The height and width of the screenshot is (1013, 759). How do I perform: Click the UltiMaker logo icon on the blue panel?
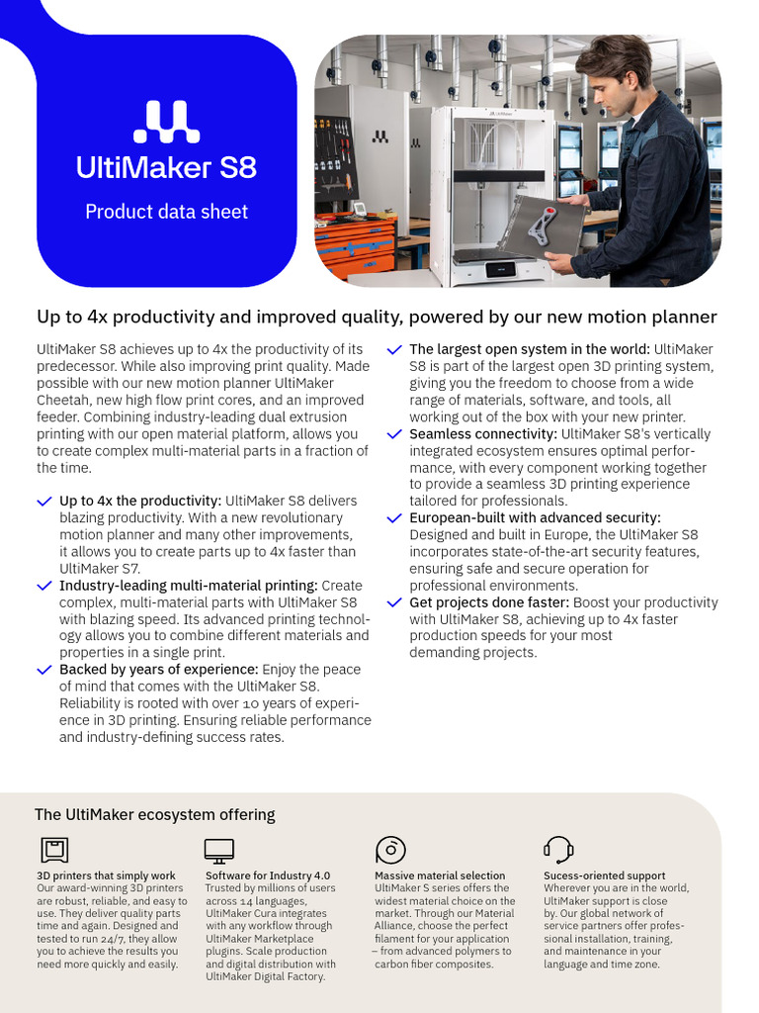click(166, 122)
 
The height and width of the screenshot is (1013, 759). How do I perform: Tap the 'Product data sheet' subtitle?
click(166, 212)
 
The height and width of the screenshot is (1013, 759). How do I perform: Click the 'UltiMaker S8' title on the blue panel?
click(166, 167)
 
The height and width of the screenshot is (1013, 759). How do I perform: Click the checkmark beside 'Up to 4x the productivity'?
click(44, 503)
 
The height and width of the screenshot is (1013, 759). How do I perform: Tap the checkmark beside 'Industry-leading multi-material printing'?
click(44, 587)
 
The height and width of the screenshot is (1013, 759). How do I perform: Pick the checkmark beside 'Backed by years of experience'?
click(44, 670)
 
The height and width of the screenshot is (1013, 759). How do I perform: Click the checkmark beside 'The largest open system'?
click(394, 350)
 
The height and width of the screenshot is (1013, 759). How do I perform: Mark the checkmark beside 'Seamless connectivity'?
click(394, 434)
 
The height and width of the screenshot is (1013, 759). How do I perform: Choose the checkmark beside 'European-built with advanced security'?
click(394, 518)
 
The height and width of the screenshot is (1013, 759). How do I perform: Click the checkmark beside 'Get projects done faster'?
click(394, 602)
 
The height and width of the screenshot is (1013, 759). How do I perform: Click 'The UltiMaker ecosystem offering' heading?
click(154, 815)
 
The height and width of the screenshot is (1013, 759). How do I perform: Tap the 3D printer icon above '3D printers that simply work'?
click(53, 850)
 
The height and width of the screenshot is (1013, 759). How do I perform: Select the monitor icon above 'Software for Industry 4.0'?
click(218, 850)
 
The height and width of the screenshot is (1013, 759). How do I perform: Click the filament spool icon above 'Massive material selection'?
click(390, 850)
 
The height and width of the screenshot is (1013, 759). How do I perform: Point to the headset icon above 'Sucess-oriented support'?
click(558, 850)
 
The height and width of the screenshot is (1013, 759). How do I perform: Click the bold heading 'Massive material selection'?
click(440, 875)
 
